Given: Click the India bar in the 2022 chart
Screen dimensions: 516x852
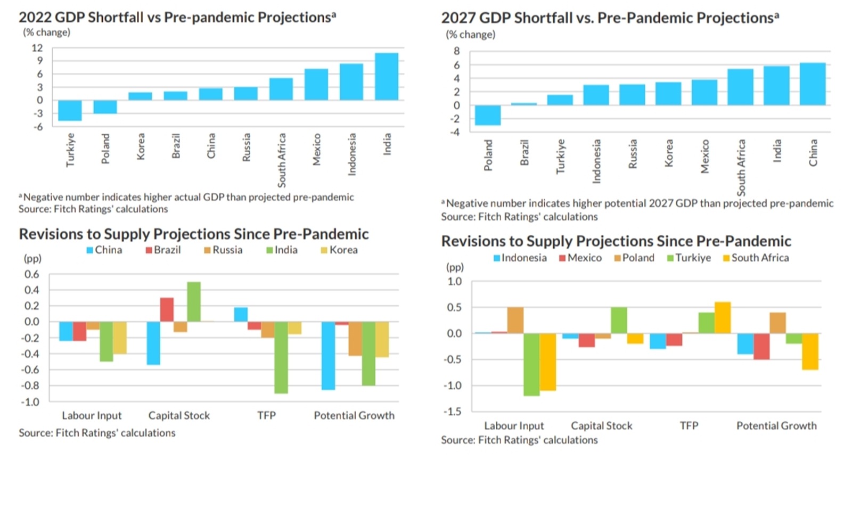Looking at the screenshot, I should pos(387,77).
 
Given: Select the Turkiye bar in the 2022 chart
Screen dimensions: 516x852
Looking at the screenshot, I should pos(70,110).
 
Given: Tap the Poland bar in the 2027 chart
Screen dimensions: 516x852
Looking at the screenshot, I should pos(488,115).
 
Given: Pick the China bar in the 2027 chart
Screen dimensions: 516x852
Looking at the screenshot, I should pos(813,84).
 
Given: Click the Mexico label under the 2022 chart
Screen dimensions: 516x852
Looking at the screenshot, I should pos(317,149).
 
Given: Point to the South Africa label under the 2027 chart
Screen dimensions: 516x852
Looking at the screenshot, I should pos(741,167).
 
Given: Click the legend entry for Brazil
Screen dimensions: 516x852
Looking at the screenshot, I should pos(163,250).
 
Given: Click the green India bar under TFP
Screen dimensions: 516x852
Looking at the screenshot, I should pos(281,357).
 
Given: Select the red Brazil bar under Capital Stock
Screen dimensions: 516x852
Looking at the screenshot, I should pos(167,309).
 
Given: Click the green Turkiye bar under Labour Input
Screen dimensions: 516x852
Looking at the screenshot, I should pos(531,364).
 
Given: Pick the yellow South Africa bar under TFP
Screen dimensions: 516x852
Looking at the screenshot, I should pos(723,317).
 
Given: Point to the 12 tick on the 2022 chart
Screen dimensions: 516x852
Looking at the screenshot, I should pos(37,48).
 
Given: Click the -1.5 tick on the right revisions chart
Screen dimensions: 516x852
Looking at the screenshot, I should pos(453,412).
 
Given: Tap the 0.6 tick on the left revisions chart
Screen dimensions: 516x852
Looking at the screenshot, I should pos(32,275).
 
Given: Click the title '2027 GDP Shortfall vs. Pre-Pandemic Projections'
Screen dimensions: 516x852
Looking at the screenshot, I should pos(610,18).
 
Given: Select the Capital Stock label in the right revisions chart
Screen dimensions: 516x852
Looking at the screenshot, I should pos(602,426).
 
